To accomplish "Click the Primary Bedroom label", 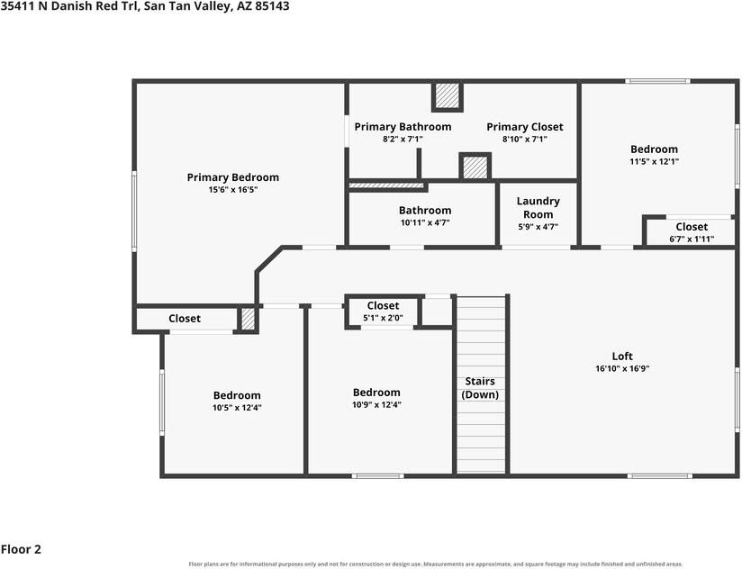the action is click(233, 177).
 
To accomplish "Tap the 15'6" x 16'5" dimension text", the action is click(233, 190).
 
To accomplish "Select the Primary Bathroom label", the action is click(403, 127).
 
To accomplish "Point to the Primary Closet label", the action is click(525, 127).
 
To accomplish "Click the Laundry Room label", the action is click(538, 208).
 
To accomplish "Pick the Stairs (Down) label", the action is click(480, 388).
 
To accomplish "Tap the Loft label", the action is click(622, 357).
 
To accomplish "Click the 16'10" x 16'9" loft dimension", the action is click(622, 368).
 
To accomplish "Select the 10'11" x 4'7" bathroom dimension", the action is click(425, 222).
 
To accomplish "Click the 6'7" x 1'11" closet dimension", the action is click(692, 239).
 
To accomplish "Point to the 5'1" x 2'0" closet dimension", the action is click(383, 318).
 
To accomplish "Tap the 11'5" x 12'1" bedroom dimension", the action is click(654, 161).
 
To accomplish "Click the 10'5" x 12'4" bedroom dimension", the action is click(237, 408).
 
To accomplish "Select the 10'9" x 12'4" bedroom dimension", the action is click(376, 404).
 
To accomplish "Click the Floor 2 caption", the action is click(21, 549).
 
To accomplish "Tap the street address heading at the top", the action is click(145, 6).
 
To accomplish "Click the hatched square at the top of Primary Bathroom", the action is click(448, 95).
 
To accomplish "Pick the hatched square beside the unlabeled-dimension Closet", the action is click(248, 320).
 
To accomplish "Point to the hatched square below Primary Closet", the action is click(475, 167).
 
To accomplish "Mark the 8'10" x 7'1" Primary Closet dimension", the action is click(525, 139).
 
